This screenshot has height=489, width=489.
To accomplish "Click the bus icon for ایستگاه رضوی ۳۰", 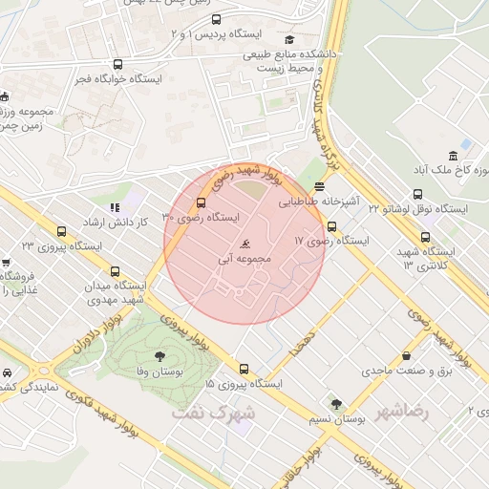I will point(201,202).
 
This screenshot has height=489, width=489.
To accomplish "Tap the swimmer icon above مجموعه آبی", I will point(247,244).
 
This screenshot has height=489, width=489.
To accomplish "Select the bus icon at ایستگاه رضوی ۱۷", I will point(331,226).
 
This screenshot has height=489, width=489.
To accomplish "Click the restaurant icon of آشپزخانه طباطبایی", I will point(319,187).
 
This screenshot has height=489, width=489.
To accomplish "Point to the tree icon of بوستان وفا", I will point(159,353).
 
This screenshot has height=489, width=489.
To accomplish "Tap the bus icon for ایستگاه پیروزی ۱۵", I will point(244,369).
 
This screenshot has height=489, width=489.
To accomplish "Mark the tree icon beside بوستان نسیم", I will point(335,404).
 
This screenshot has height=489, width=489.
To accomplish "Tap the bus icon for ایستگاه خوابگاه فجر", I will point(117,65).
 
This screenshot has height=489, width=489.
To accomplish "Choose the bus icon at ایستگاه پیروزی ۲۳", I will point(62,231).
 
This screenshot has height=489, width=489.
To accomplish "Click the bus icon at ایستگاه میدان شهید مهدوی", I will point(116,271).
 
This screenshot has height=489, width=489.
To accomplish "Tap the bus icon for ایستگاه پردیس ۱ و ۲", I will point(216,19).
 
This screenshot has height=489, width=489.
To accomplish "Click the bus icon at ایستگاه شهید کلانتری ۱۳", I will point(425,237).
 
